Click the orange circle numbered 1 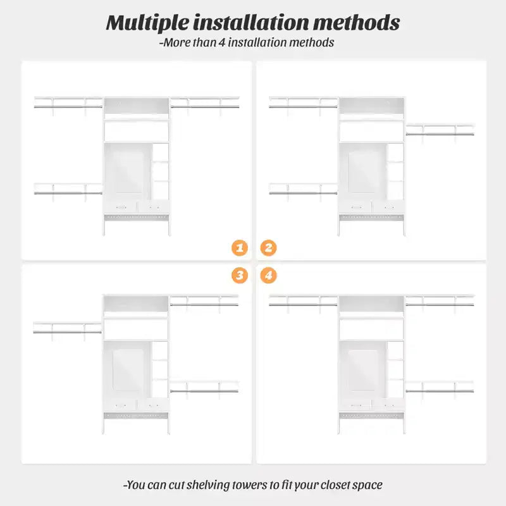tap(240, 248)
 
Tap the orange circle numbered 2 tap(268, 248)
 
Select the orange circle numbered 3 tap(240, 275)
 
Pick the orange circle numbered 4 tap(268, 275)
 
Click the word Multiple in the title tap(147, 23)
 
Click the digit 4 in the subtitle tap(222, 42)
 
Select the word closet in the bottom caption tap(335, 484)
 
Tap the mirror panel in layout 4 tap(362, 370)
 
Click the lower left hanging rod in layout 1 tap(68, 194)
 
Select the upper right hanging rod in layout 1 tap(205, 106)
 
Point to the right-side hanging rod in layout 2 tap(440, 134)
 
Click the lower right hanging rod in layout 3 tap(204, 391)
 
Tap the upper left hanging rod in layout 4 tap(303, 305)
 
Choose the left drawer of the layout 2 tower tap(355, 207)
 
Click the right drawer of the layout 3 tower tap(152, 405)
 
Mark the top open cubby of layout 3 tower tap(136, 304)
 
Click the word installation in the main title tap(251, 23)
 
